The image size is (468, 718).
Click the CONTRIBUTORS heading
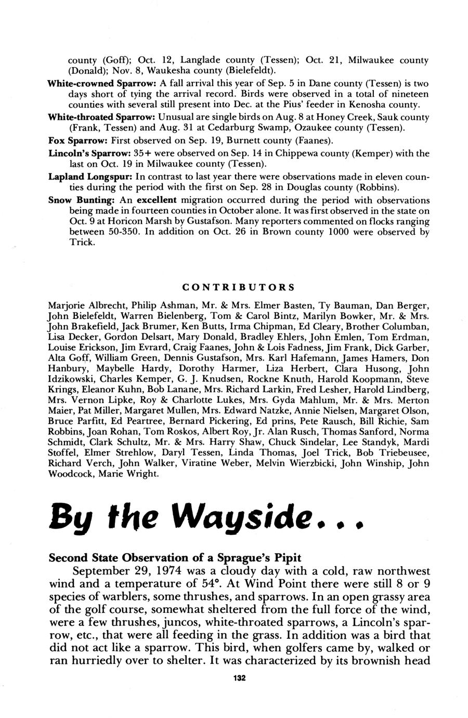(239, 287)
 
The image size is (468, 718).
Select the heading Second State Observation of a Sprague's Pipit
(175, 557)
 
